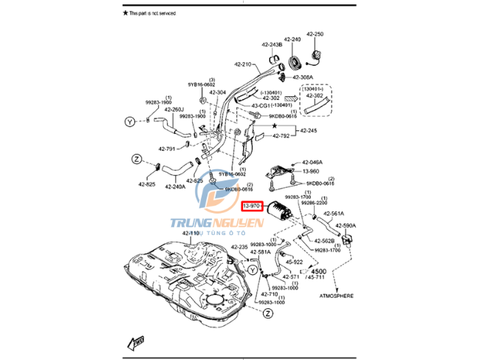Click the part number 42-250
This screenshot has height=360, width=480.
click(x=315, y=34)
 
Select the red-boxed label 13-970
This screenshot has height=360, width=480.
click(x=253, y=206)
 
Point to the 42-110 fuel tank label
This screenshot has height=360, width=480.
click(x=191, y=234)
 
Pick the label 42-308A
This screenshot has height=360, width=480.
click(x=303, y=76)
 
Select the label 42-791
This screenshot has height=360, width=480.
click(x=165, y=149)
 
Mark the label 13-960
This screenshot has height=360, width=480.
click(x=312, y=169)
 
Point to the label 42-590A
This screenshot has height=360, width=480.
click(x=346, y=225)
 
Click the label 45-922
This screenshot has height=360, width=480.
click(x=295, y=262)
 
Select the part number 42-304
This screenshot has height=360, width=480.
click(x=218, y=92)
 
